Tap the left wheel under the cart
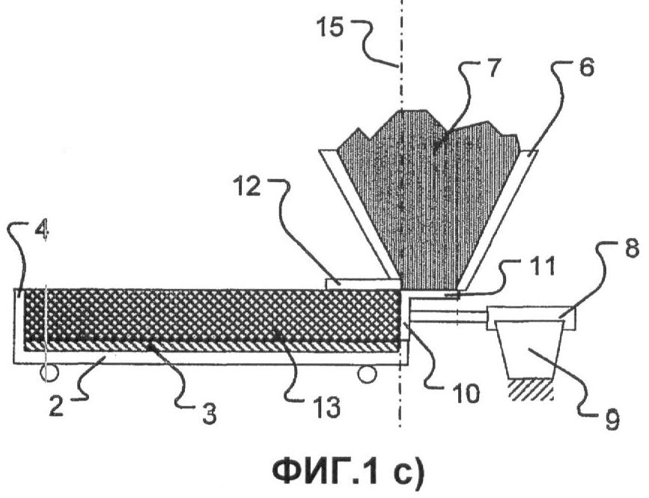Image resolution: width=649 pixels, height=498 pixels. click(x=49, y=372)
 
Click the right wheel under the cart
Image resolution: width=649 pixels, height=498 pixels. click(x=366, y=374)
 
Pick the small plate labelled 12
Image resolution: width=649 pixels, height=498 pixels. click(x=364, y=283)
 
